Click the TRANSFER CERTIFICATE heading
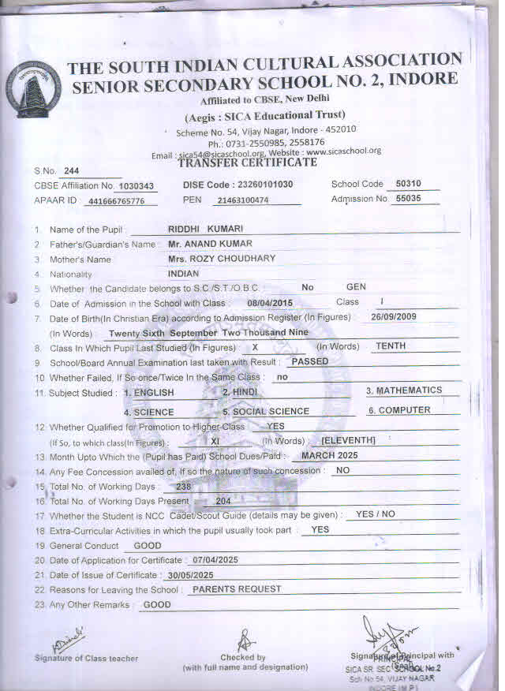tap(247, 162)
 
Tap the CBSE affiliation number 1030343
tap(134, 186)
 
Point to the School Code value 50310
tap(407, 184)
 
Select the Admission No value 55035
tap(407, 199)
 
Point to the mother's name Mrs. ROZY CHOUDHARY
tap(221, 259)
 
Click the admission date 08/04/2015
tap(270, 303)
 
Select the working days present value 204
tap(223, 500)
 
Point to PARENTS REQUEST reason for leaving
tap(237, 588)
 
